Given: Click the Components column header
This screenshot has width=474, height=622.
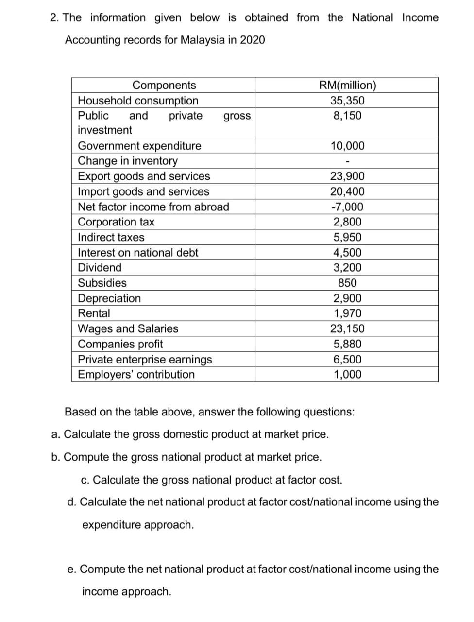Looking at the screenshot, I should (164, 85).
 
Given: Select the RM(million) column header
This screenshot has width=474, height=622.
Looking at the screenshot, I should (347, 85).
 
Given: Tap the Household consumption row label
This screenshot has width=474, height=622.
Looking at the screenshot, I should (138, 101).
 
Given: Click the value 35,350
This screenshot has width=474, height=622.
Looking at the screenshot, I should (347, 101).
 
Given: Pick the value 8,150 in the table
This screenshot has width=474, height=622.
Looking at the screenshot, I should (347, 116).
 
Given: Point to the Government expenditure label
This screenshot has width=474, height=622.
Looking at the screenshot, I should (139, 146).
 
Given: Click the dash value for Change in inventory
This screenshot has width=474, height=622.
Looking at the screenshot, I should (347, 161).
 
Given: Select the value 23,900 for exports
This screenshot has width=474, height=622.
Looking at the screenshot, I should (347, 176).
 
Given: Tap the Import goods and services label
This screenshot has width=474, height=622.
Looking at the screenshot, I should (143, 191).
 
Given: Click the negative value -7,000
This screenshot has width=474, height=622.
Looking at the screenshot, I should (347, 207).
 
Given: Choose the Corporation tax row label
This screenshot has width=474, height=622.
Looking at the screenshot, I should (116, 222).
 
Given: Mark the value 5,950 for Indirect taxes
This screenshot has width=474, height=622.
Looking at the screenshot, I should (347, 238).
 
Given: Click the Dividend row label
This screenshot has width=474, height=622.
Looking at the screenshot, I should (100, 268).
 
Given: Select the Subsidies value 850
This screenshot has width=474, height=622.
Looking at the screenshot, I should (347, 283).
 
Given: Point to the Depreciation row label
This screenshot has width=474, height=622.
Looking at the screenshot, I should (109, 298).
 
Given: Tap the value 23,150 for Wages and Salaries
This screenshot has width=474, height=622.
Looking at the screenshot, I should (347, 329).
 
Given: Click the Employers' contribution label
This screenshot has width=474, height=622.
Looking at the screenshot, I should (136, 375).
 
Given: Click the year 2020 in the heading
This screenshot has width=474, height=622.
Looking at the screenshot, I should (252, 40).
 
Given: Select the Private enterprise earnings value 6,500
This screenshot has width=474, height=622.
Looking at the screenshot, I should (347, 360).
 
